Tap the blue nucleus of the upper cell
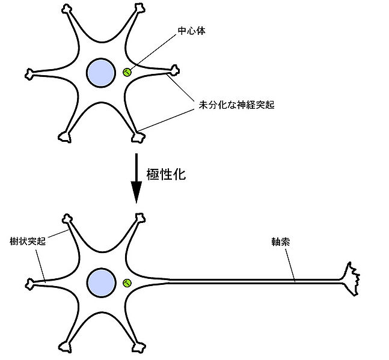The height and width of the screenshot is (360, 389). click(100, 72)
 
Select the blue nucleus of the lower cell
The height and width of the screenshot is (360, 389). click(100, 282)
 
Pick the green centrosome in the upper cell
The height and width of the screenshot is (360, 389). click(127, 73)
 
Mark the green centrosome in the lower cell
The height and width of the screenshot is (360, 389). click(127, 282)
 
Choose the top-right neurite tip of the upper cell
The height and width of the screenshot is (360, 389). click(139, 10)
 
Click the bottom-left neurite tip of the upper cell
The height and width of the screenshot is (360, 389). click(64, 137)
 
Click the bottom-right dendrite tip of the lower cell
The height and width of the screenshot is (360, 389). click(139, 347)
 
